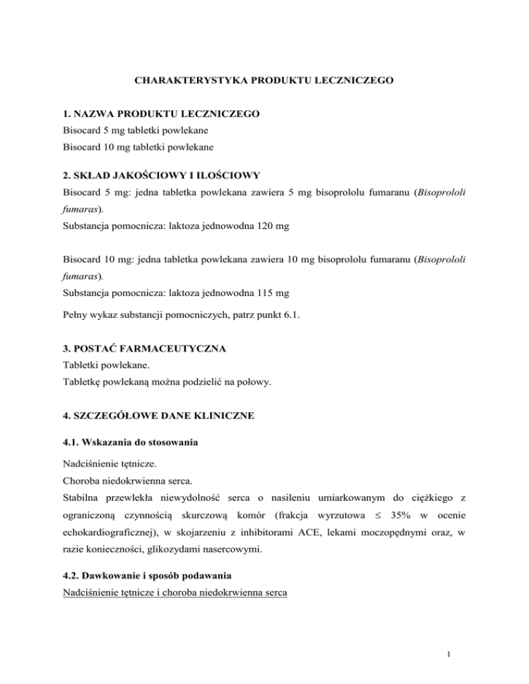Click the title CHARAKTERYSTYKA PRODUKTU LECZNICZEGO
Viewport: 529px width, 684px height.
(x=264, y=81)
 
